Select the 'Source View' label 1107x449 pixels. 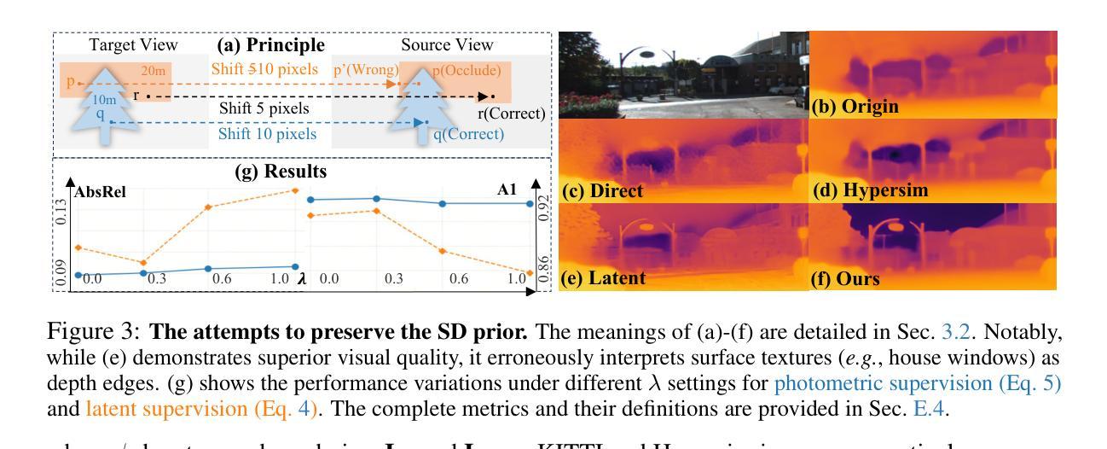coord(437,46)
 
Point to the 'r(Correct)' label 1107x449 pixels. coord(510,113)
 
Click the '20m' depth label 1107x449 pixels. coord(154,71)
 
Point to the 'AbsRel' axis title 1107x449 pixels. coord(100,192)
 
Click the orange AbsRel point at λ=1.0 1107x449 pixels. coord(296,190)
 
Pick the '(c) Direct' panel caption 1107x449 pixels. coord(603,191)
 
